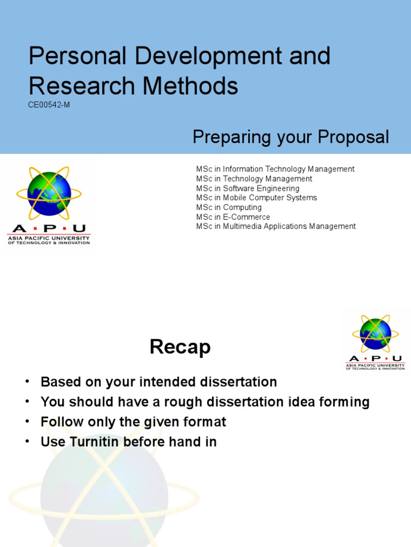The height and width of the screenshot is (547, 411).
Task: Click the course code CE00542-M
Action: click(x=49, y=105)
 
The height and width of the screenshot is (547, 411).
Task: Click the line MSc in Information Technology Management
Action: click(x=275, y=169)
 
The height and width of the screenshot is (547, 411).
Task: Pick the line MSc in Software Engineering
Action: click(x=248, y=189)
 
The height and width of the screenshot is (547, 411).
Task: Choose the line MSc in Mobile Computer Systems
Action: click(x=256, y=198)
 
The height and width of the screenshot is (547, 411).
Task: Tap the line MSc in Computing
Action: click(x=229, y=207)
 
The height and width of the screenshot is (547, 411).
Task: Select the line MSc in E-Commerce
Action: click(x=233, y=217)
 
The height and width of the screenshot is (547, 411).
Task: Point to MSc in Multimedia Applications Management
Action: click(x=276, y=226)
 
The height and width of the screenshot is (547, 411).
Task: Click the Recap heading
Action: click(x=180, y=348)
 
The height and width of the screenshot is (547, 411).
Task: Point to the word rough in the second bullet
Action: click(x=168, y=402)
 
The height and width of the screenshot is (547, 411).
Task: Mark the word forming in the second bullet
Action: click(x=346, y=402)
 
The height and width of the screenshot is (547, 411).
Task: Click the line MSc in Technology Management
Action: click(x=254, y=179)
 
